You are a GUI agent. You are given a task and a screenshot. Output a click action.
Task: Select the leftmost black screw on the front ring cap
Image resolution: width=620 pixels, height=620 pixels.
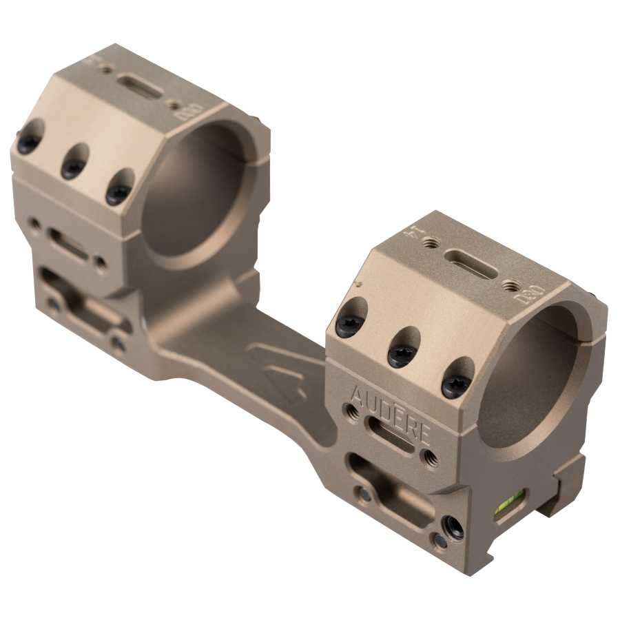pyautogui.click(x=348, y=324)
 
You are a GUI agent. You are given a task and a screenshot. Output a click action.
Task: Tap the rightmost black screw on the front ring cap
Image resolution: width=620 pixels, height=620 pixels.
pyautogui.click(x=455, y=385)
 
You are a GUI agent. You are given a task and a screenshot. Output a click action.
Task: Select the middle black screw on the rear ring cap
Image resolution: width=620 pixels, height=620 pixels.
pyautogui.click(x=73, y=167)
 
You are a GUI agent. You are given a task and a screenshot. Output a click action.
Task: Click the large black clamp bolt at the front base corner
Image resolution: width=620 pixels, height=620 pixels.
pyautogui.click(x=453, y=528)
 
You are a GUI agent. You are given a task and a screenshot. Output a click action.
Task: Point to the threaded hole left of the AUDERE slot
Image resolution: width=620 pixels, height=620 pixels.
pyautogui.click(x=352, y=411)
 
